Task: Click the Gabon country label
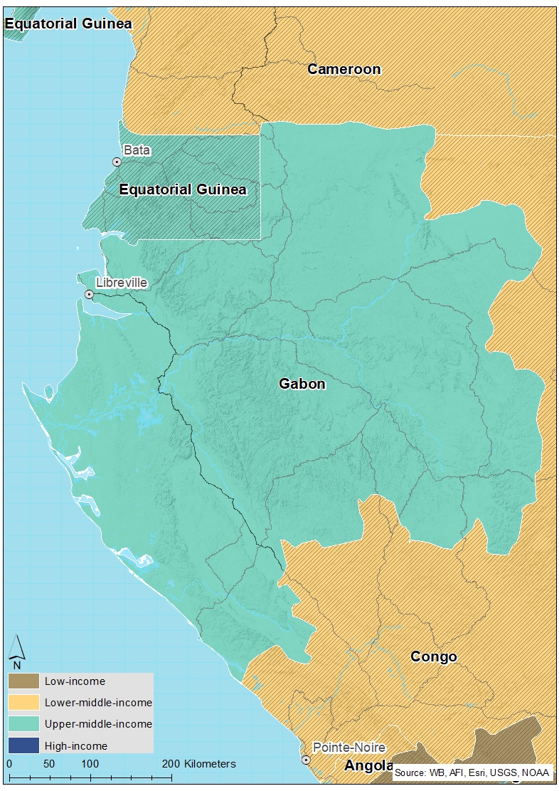click(x=302, y=384)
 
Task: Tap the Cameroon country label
click(x=344, y=69)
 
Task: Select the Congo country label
click(x=433, y=656)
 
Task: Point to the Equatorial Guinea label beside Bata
click(x=183, y=189)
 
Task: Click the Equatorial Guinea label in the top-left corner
click(x=68, y=23)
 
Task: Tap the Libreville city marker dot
click(x=89, y=294)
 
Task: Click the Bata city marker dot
click(x=117, y=162)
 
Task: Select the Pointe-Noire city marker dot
click(x=306, y=760)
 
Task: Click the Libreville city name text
click(x=121, y=283)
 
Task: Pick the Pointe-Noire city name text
click(x=349, y=748)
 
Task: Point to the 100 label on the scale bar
click(x=90, y=764)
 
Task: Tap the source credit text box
click(x=473, y=772)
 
